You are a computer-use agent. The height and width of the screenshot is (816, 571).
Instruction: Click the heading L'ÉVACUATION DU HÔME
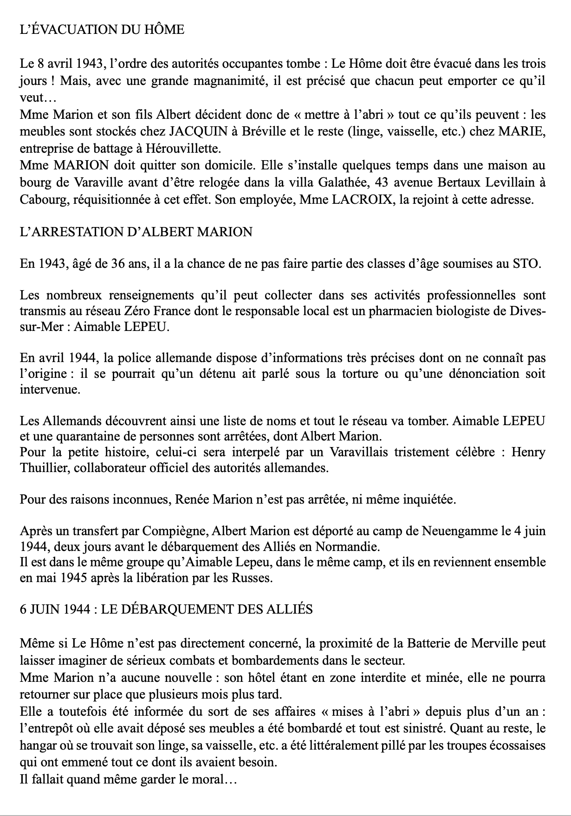click(x=102, y=30)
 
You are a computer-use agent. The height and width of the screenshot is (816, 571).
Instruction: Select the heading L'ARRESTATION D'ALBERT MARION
click(x=136, y=232)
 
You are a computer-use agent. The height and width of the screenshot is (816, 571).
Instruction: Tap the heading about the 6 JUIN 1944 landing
click(x=166, y=609)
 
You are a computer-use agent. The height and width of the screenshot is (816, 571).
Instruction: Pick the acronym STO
click(x=526, y=264)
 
